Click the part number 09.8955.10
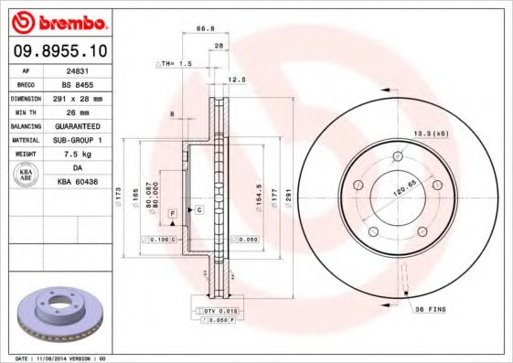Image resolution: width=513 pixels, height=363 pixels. [x=62, y=51]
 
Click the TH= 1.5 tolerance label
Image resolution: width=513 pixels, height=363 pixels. [x=176, y=64]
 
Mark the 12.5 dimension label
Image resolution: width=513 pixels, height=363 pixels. [x=238, y=80]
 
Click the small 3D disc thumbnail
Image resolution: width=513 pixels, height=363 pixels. [x=53, y=312]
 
